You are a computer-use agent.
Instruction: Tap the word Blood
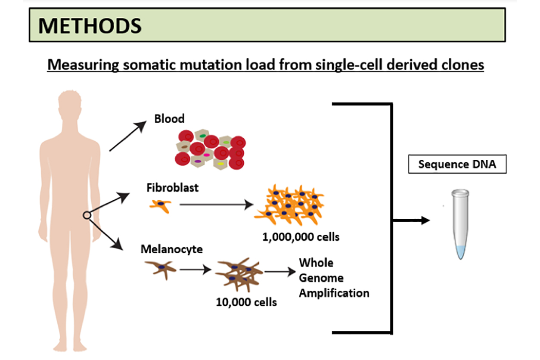point(169,118)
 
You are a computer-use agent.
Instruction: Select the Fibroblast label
point(173,188)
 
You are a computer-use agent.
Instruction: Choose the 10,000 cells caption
point(246,302)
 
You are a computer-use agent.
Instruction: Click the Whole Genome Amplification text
point(334,278)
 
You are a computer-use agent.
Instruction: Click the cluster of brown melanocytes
point(238,276)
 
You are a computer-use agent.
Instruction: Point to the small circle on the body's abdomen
point(87,215)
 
